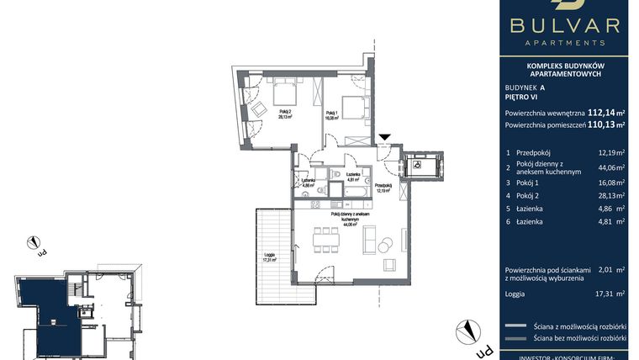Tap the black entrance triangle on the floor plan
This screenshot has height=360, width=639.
pyautogui.click(x=384, y=137)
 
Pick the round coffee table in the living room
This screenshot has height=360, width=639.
pyautogui.click(x=385, y=246)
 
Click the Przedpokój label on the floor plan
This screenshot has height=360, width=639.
pyautogui.click(x=383, y=187)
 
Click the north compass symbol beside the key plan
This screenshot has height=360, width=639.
pyautogui.click(x=34, y=245)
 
